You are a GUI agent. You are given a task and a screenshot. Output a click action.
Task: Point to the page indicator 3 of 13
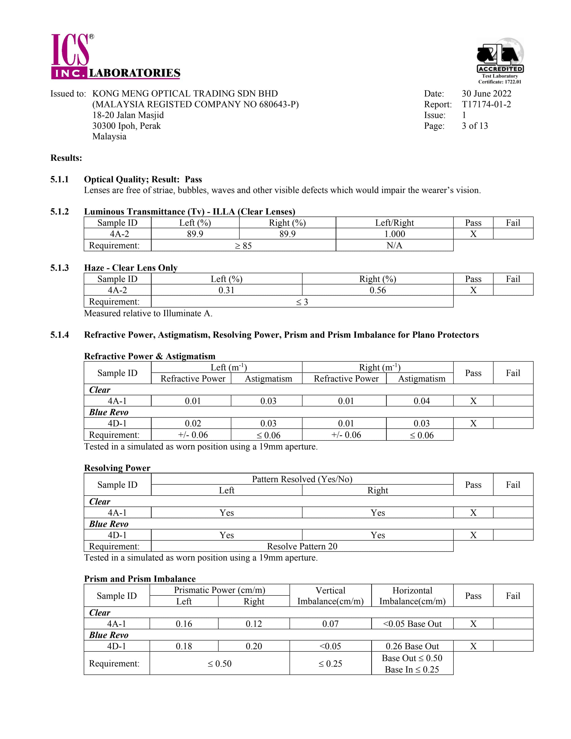click(474, 126)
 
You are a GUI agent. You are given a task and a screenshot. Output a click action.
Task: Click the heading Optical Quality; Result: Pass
click(143, 179)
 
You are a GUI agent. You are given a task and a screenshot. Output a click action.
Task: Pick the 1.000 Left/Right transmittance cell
click(394, 234)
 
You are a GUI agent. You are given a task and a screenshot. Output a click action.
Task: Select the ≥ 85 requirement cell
click(243, 246)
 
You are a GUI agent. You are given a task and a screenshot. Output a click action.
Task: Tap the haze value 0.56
click(378, 290)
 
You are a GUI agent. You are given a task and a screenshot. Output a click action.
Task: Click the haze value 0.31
click(226, 290)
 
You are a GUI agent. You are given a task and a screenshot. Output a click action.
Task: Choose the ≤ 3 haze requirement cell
click(302, 302)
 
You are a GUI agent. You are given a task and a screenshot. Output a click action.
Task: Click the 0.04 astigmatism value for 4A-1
click(421, 401)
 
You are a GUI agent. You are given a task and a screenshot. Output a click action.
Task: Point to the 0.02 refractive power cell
click(193, 423)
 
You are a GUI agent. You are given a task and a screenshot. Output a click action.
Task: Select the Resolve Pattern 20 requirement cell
click(302, 546)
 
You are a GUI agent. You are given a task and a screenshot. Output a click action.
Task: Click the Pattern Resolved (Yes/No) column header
click(302, 479)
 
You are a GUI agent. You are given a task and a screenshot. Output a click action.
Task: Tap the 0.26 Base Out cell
click(412, 646)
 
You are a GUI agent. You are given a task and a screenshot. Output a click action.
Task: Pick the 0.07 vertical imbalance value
click(330, 624)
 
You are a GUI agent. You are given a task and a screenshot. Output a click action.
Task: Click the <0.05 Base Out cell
click(412, 624)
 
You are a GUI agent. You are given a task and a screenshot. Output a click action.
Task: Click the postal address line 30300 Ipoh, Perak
click(127, 126)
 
